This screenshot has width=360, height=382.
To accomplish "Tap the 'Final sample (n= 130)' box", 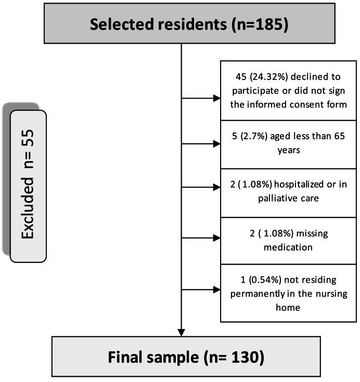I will click(x=186, y=357).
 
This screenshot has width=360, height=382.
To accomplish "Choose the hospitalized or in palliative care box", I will click(x=288, y=192).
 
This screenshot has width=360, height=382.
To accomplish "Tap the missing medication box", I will click(x=288, y=240).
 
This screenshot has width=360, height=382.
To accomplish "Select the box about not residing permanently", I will click(x=288, y=293).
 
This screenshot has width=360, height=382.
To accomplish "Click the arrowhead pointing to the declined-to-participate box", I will click(x=216, y=97).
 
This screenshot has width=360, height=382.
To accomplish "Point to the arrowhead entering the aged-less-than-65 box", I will click(x=216, y=144).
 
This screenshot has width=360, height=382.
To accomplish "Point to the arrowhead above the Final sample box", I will click(x=182, y=332).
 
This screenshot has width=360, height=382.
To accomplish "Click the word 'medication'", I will click(x=288, y=247).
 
